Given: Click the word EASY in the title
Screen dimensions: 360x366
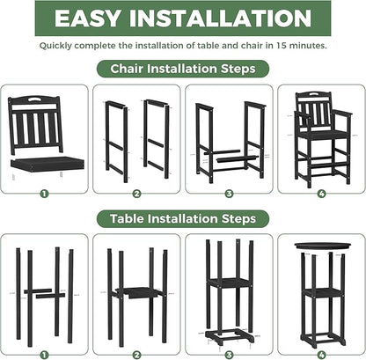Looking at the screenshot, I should (87, 18).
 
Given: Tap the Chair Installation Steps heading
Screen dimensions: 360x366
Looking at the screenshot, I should (183, 68).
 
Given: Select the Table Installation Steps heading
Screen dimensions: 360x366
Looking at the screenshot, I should (183, 217).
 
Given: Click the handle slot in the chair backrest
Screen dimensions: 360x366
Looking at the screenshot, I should (36, 99).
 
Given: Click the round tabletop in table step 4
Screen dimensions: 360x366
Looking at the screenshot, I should (320, 246).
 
